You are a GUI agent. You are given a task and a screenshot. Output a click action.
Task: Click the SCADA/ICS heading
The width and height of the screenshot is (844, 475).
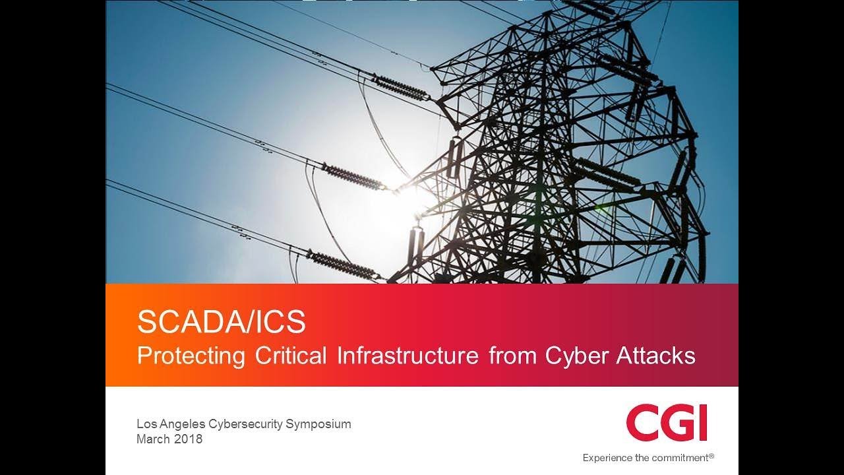pos(222,323)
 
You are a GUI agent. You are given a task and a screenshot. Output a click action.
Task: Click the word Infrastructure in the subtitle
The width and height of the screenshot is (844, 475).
pos(407,356)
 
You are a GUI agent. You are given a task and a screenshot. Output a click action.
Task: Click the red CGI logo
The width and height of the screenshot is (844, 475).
pos(667,424)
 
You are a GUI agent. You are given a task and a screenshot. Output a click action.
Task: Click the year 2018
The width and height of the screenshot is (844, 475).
pos(189,439)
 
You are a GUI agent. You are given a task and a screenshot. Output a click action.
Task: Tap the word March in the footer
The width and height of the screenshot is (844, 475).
pos(153,439)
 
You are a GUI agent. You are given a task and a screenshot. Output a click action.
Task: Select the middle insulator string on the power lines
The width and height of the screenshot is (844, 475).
pos(356,177)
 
